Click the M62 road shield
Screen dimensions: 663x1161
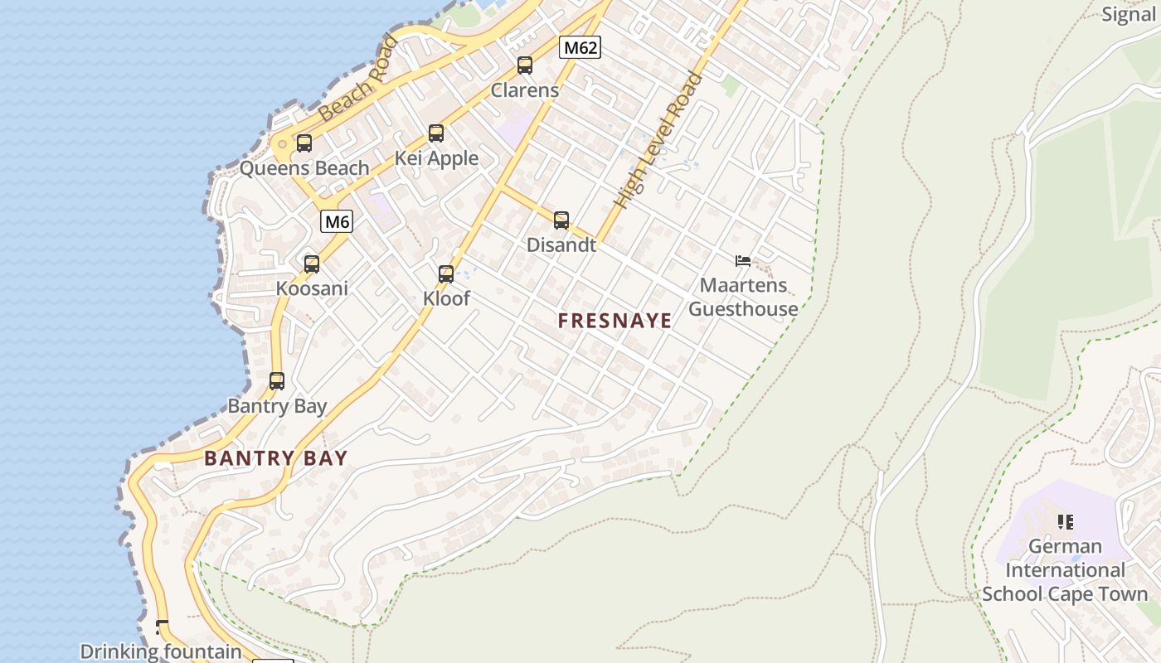tap(580, 47)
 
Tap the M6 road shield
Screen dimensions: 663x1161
tap(337, 221)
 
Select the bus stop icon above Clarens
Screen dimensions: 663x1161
tap(525, 65)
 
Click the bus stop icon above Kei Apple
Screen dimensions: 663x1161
tap(436, 133)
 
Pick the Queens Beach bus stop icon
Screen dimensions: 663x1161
tap(304, 143)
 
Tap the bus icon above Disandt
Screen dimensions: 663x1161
tap(561, 220)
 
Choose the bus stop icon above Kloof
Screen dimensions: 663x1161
tap(446, 273)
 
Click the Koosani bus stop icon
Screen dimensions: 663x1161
tap(312, 264)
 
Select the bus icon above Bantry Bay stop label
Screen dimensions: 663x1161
tap(277, 380)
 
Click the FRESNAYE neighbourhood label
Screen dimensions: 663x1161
tap(615, 321)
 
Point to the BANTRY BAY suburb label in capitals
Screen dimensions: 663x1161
tap(276, 457)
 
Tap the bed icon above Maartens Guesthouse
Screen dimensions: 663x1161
tap(743, 261)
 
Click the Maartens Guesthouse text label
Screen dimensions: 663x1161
tap(743, 298)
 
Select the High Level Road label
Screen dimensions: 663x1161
tap(658, 141)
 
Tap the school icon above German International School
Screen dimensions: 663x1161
tap(1066, 521)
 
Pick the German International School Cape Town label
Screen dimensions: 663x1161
tap(1065, 570)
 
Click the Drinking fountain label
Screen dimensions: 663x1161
tap(161, 651)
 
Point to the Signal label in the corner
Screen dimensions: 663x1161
tap(1129, 13)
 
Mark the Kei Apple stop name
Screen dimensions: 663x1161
tap(436, 157)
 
